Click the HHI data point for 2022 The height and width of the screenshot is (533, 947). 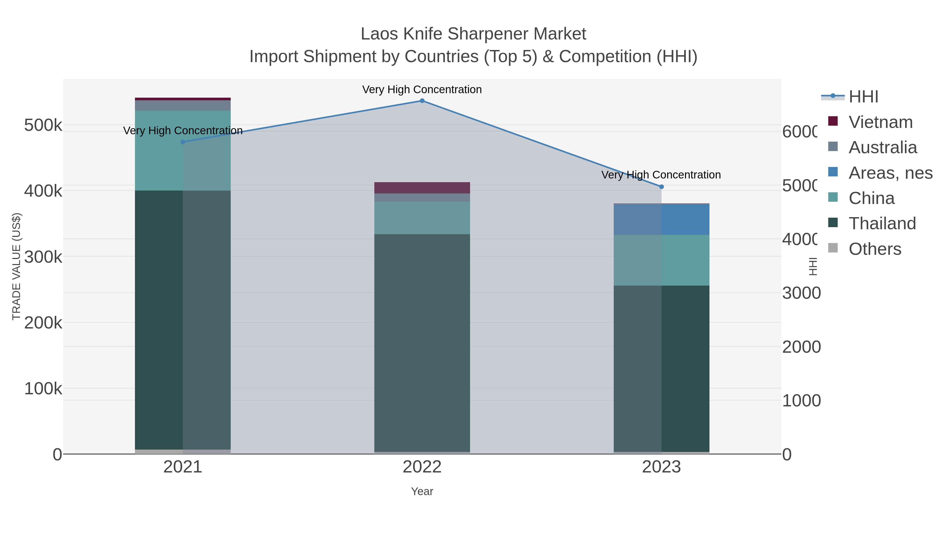click(x=422, y=101)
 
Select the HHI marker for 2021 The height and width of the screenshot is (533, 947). click(x=183, y=142)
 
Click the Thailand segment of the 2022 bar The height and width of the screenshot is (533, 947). click(x=422, y=342)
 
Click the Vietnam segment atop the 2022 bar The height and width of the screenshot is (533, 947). click(x=422, y=188)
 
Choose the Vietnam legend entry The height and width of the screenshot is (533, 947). click(x=880, y=122)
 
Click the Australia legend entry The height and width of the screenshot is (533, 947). click(x=882, y=147)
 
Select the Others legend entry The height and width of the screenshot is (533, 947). click(x=875, y=249)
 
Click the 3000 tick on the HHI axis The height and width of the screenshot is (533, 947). click(x=801, y=293)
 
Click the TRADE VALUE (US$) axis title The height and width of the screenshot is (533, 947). click(x=17, y=266)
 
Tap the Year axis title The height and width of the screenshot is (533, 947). click(x=422, y=491)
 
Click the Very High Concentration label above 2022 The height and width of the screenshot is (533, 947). click(x=422, y=89)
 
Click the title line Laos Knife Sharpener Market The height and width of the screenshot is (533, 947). click(x=473, y=34)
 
